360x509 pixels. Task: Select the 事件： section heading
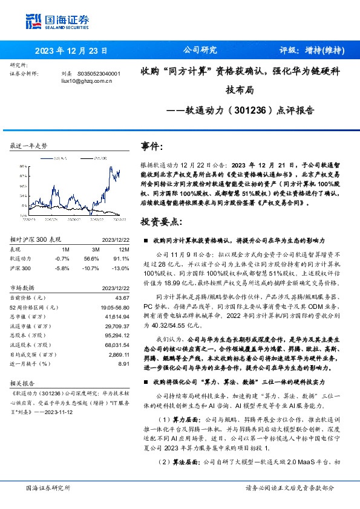(x=152, y=146)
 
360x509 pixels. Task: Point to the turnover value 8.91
(x=124, y=363)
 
